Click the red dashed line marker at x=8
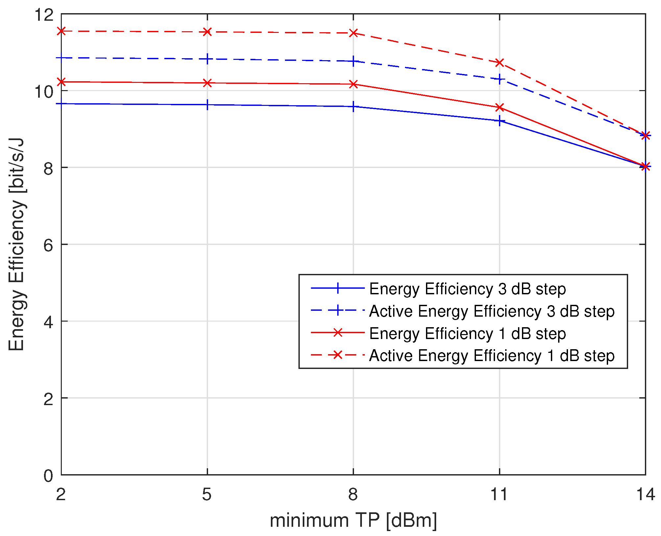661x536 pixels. coord(353,33)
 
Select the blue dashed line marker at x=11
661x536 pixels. coord(500,79)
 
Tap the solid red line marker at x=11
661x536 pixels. coord(500,108)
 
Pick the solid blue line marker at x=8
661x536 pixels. coord(353,107)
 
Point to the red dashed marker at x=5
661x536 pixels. coord(207,32)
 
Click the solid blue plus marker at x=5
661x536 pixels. coord(207,105)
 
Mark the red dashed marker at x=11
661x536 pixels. coord(500,62)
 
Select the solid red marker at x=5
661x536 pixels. coord(207,83)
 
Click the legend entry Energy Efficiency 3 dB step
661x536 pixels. coord(467,289)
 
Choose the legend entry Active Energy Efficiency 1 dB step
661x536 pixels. coord(491,356)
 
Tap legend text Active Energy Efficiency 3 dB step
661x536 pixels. coord(491,311)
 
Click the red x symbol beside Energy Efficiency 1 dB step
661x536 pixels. coord(338,333)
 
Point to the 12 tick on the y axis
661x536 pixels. coord(44,15)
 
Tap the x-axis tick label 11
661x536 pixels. coord(499,494)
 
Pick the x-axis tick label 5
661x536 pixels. coord(207,494)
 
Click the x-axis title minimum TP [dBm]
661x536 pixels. coord(353,521)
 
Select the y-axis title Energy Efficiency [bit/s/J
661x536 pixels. coord(16,244)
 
